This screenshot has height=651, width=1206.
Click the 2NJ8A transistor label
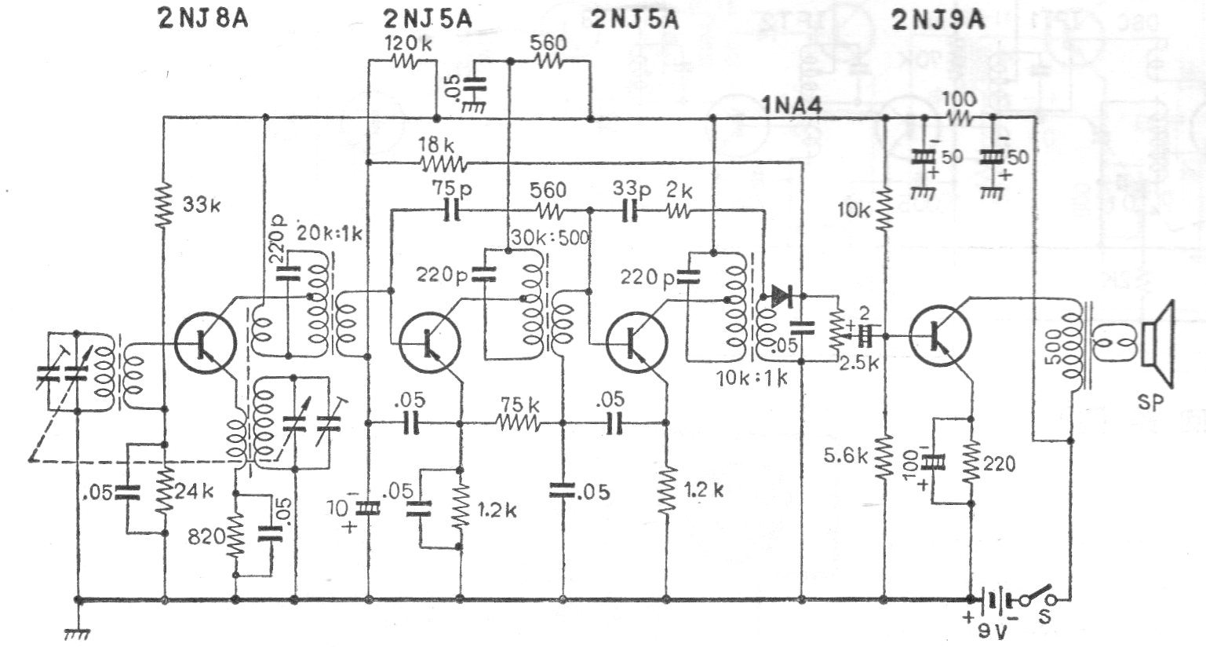[x=203, y=19]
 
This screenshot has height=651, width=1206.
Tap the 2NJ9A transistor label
[x=938, y=20]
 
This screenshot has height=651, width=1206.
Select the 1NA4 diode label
[x=792, y=105]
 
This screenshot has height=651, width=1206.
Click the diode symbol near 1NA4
[x=782, y=296]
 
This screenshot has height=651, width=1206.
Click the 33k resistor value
[x=202, y=205]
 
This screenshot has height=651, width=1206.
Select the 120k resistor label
[x=408, y=43]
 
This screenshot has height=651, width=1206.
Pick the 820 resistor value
[x=206, y=536]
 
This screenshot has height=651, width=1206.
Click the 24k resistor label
[x=195, y=491]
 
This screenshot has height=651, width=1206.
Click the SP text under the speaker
[x=1150, y=401]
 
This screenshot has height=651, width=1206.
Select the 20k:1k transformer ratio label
[x=330, y=233]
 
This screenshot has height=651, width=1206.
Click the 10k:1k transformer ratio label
[x=752, y=378]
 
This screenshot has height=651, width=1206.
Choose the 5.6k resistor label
[x=845, y=456]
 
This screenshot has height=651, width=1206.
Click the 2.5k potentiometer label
[x=859, y=363]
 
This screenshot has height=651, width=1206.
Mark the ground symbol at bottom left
[x=77, y=635]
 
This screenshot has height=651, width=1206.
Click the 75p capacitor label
[x=451, y=188]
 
